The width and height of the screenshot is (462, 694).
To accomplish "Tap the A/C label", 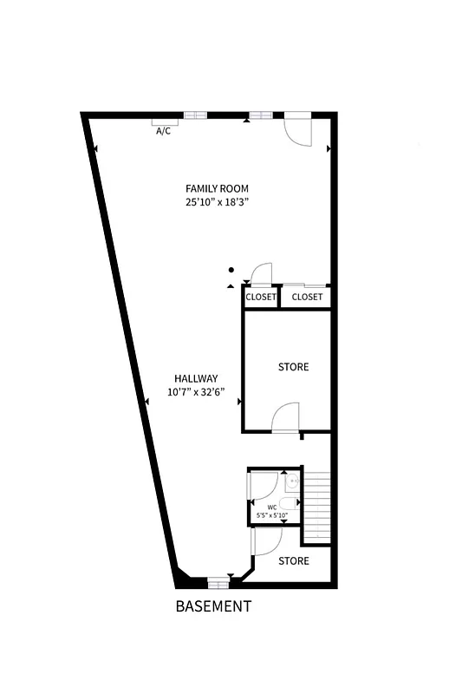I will coord(163,132).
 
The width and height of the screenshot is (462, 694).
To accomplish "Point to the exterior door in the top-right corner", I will coord(297,129).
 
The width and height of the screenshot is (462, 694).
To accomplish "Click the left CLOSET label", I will coord(261,298).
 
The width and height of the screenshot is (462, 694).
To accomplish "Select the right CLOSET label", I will coord(307,298).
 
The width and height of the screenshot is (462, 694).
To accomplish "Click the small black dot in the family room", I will coord(231,269).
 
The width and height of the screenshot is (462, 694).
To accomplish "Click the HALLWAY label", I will coord(195,378).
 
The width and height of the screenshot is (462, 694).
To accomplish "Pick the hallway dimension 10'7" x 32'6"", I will coord(195,392).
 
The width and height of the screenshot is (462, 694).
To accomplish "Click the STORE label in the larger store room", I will coord(293,367).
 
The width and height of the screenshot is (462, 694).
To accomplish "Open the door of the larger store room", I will coord(286,418).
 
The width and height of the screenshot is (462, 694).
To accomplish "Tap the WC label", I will coord(271,507).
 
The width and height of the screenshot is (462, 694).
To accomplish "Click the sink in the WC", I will coord(293,480).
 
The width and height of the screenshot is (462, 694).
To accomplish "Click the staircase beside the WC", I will coord(318,507).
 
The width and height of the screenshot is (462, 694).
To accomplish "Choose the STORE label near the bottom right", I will coord(293,561).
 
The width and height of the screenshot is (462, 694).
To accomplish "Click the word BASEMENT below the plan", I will coord(213,606).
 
